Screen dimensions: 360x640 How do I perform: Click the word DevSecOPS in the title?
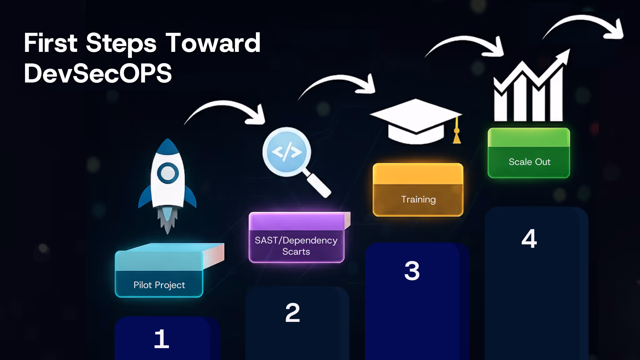(x=97, y=73)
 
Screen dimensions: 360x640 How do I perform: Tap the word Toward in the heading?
(x=213, y=43)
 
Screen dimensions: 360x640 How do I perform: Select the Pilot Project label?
(x=159, y=285)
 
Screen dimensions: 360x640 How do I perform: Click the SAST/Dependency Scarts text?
(x=296, y=246)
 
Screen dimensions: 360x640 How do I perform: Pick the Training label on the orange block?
(x=418, y=199)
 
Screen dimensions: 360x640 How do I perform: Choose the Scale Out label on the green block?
(x=529, y=162)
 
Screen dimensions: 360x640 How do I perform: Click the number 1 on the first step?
(x=162, y=339)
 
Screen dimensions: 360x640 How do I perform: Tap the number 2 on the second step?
(x=292, y=313)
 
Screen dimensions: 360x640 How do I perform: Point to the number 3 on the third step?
(x=412, y=271)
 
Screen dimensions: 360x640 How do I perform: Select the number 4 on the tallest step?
(x=529, y=239)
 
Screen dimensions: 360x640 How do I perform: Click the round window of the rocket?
(x=168, y=173)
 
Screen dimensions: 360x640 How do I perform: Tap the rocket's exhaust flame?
(x=167, y=220)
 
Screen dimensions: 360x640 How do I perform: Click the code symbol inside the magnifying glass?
(x=287, y=152)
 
